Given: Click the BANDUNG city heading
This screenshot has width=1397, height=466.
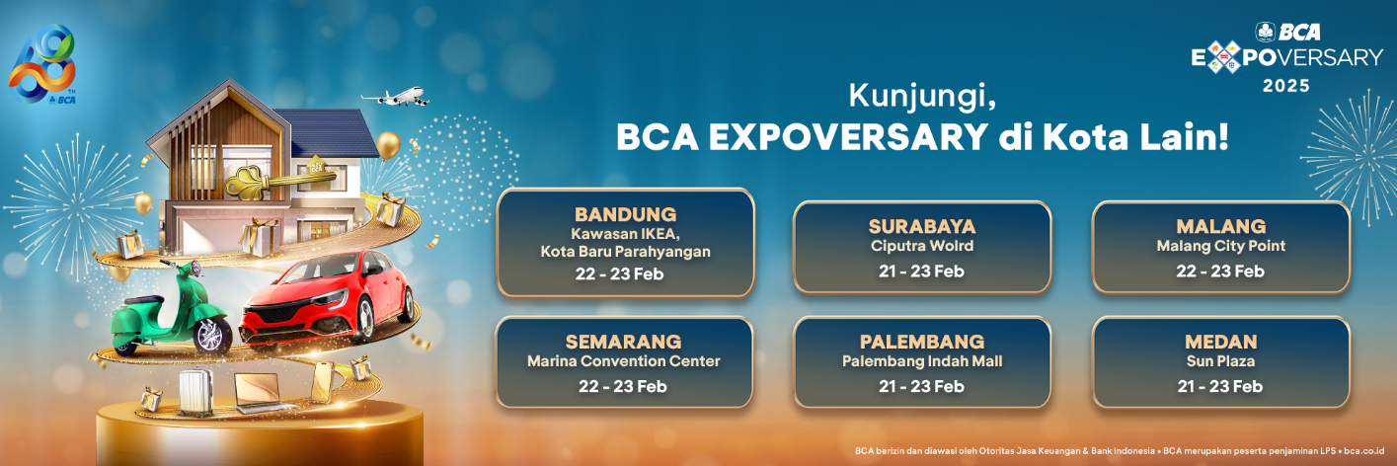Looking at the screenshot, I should point(625,214).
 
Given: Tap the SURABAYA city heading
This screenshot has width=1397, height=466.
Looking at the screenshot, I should point(922,226).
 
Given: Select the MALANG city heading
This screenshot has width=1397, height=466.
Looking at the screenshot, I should point(1220,226).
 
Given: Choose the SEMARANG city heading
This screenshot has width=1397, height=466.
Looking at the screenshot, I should point(623,342).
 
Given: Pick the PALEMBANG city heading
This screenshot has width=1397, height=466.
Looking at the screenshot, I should point(921,342).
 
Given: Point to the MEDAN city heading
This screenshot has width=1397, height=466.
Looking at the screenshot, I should point(1220,342).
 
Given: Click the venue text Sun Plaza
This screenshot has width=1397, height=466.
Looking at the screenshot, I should point(1220,361).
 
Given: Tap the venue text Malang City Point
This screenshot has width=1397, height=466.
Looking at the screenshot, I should point(1220,246).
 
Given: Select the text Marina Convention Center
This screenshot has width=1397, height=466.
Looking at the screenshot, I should point(623,361).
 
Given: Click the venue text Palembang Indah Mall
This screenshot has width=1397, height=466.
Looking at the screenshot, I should point(921,361).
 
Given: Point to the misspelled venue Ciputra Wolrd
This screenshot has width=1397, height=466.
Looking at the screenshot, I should point(922,246).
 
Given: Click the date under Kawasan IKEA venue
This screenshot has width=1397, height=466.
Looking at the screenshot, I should point(625,273).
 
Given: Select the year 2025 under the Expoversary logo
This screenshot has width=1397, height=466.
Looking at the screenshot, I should point(1286,86).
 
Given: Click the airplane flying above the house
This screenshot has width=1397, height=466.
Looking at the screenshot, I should point(395,97).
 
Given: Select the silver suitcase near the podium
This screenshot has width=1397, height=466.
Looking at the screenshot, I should point(201,388).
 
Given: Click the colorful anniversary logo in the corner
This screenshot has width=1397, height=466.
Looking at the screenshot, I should point(42,66).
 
